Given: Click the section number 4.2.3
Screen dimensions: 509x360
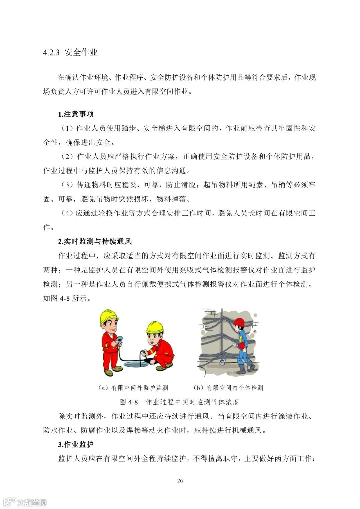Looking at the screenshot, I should point(51,52).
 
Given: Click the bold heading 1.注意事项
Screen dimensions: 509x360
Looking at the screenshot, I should point(76,114).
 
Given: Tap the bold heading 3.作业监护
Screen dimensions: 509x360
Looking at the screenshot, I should point(76,444).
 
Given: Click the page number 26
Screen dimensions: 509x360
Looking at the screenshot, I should point(180,481).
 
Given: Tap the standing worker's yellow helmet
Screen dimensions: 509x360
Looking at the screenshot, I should point(109,317).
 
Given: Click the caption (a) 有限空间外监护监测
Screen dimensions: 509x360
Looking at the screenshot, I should point(133,388).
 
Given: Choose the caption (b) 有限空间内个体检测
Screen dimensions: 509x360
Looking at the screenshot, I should point(228,388).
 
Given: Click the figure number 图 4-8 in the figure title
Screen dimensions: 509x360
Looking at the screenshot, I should point(128,402).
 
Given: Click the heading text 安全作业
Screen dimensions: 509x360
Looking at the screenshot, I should point(81,52).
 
